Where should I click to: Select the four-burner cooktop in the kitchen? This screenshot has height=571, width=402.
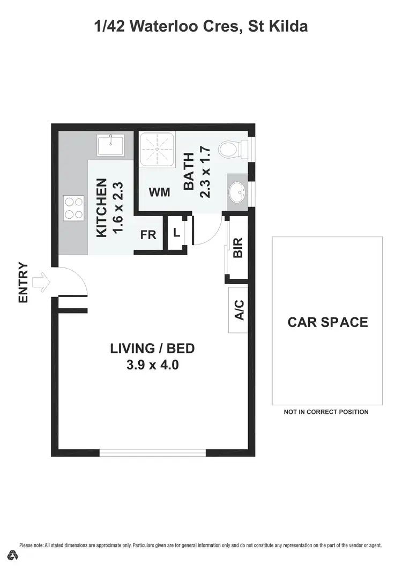(75, 207)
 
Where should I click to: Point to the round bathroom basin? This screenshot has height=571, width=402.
(236, 190)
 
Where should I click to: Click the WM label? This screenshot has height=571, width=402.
(159, 192)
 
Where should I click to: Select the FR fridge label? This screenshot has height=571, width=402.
(148, 235)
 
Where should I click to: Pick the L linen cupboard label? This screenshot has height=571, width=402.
(176, 233)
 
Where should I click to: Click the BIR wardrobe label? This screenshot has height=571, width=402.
(239, 248)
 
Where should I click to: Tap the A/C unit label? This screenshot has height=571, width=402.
(239, 310)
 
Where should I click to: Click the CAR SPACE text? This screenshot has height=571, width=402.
(327, 322)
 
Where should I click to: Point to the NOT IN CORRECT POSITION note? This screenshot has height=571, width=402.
(326, 412)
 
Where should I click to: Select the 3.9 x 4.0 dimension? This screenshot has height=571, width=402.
(152, 366)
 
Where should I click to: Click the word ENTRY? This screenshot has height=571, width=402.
(23, 282)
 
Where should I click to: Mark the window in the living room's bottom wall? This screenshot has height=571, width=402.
(153, 453)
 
